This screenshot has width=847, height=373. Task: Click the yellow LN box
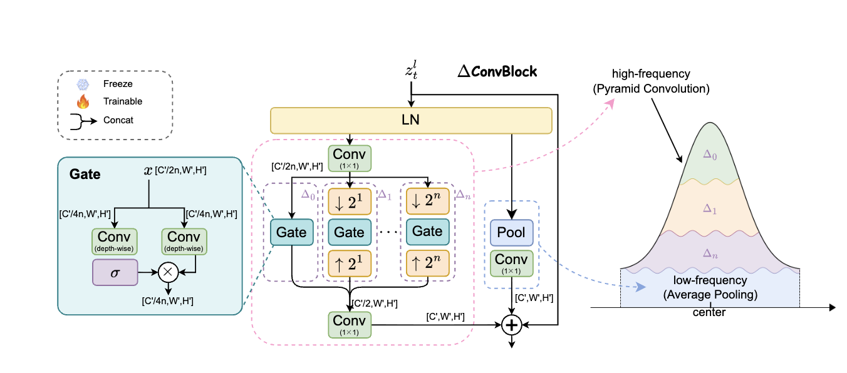coord(411,120)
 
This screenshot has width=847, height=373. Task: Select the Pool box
coord(511,233)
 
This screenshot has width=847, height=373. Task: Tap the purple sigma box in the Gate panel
coord(115,272)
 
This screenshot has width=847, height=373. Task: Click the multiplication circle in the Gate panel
coord(167,272)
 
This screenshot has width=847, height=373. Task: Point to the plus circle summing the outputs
coord(512,325)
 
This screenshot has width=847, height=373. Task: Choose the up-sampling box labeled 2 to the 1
coord(349,263)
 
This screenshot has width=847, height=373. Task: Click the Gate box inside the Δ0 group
coord(291,233)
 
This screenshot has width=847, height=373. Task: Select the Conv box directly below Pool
coord(511,263)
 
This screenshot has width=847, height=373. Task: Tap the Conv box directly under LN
coord(349,158)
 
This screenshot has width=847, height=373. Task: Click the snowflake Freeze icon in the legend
coord(83,84)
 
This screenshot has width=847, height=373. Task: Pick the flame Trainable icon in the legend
coord(83,101)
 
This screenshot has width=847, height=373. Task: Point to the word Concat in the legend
coord(119,120)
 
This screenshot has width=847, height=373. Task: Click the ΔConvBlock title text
coord(497,71)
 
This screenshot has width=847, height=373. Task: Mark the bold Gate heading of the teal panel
coord(85,174)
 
